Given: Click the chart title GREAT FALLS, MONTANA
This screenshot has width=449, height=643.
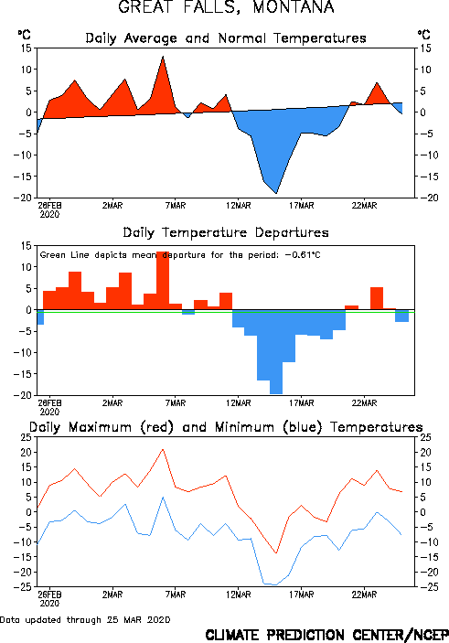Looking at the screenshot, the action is click(x=226, y=7).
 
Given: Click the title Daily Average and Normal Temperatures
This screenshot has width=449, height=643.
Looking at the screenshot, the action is click(x=226, y=38).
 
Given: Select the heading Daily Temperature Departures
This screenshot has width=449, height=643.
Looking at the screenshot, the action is click(x=226, y=233).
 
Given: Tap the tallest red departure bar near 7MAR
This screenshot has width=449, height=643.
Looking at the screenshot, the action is click(x=163, y=281).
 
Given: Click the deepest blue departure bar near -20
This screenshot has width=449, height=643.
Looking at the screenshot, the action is click(x=276, y=352).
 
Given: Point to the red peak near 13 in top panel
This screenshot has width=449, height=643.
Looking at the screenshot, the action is click(x=163, y=57).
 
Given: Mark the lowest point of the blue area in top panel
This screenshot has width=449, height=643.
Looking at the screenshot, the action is click(x=276, y=193).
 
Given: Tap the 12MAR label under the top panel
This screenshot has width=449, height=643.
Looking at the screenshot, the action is click(x=239, y=206).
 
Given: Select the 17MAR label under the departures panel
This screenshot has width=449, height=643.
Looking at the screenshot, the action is click(x=302, y=403).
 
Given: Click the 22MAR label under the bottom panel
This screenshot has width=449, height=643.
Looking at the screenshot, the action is click(x=364, y=595).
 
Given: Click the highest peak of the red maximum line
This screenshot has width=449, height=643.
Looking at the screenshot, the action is click(x=163, y=449).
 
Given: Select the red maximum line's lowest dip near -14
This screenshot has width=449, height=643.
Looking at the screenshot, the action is click(x=276, y=552).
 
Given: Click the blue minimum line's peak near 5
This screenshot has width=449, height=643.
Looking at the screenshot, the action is click(x=163, y=498).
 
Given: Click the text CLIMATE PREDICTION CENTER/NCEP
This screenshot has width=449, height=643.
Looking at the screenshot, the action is click(x=326, y=635).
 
